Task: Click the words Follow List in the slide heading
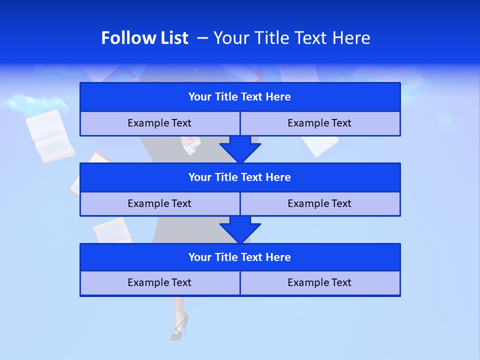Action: click(144, 38)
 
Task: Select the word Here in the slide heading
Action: click(352, 38)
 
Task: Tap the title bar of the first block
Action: click(240, 97)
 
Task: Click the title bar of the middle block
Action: click(240, 177)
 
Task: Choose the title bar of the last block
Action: click(240, 257)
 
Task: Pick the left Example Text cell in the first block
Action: click(159, 123)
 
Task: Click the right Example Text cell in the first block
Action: click(319, 123)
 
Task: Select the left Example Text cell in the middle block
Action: click(159, 204)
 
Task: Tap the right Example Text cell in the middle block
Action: click(319, 204)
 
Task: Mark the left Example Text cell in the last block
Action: click(159, 283)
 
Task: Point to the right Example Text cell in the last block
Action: click(319, 283)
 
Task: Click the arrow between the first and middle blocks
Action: click(240, 149)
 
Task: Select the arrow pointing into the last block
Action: click(240, 229)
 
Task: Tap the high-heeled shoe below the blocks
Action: click(179, 326)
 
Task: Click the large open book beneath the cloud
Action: click(49, 136)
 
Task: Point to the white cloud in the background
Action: click(35, 104)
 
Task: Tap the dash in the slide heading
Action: click(203, 38)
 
